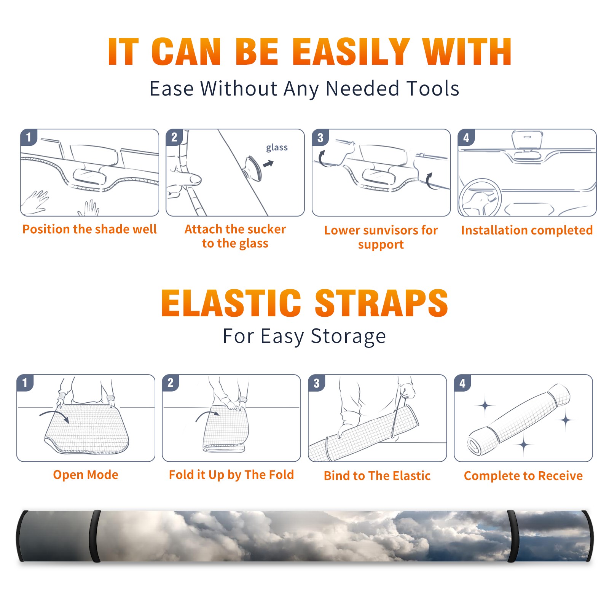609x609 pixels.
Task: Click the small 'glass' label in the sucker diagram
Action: [277, 148]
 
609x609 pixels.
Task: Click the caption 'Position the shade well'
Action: [89, 229]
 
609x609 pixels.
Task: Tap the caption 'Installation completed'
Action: [527, 230]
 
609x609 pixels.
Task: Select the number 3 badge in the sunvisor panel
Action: [320, 137]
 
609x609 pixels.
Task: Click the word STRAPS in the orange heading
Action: [381, 303]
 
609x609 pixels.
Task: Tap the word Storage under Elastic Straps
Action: [348, 336]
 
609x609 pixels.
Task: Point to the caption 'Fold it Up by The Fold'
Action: [231, 475]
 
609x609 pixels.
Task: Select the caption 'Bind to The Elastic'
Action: [377, 475]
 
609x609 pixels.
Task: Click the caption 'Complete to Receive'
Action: [523, 475]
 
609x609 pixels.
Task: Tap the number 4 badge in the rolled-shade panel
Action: [462, 383]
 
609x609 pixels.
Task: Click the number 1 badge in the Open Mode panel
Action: [25, 383]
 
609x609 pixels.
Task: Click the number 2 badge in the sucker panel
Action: [174, 137]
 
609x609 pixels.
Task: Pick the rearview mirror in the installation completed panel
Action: [527, 139]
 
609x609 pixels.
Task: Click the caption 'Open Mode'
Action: [86, 475]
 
